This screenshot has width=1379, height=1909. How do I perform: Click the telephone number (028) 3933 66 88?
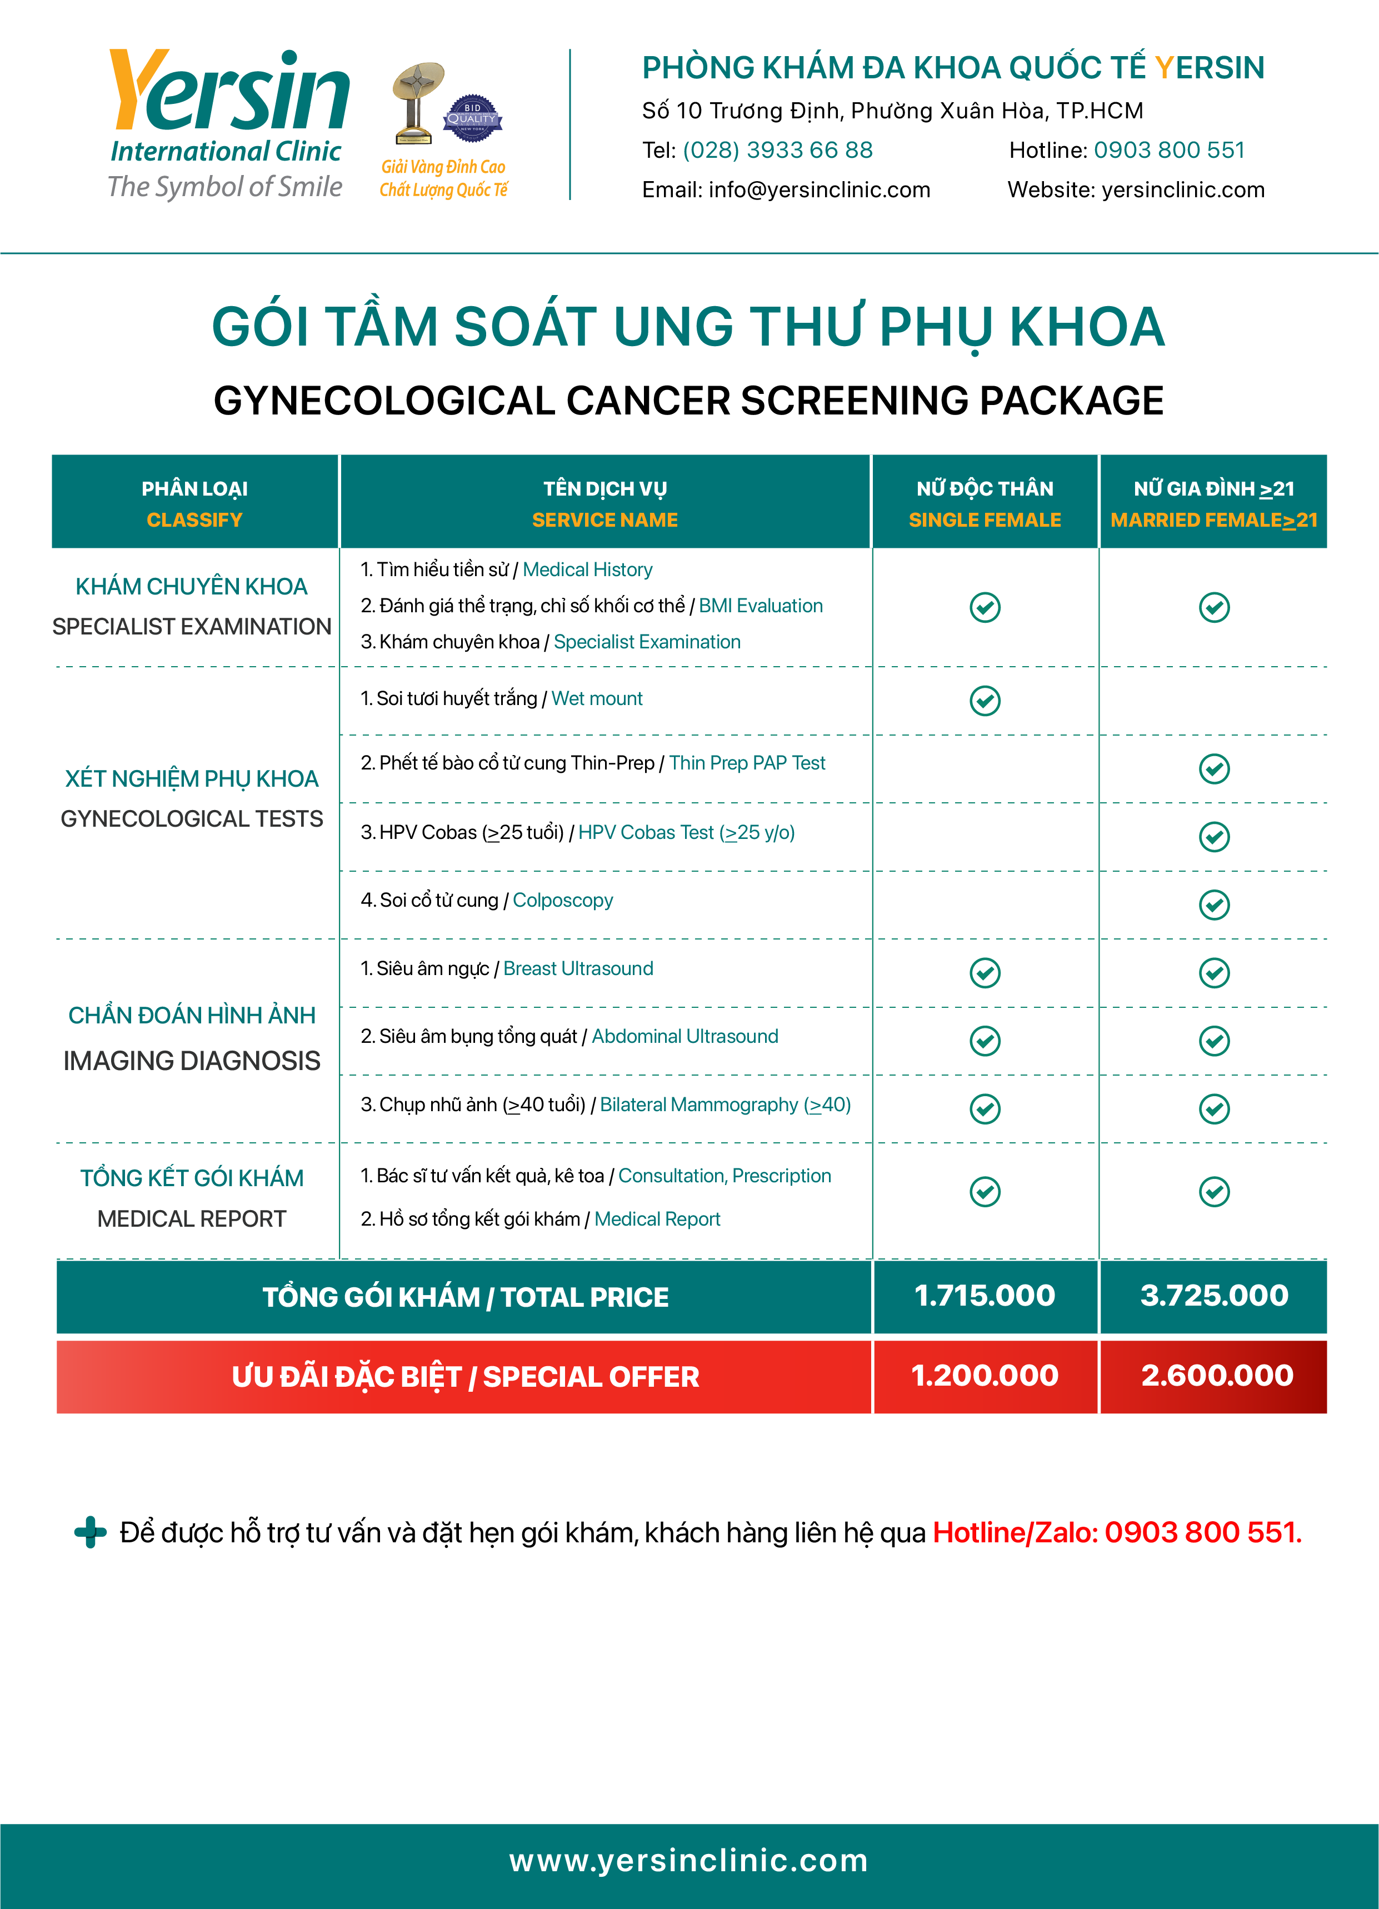tap(777, 150)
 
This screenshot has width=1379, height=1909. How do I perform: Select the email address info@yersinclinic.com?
tap(819, 190)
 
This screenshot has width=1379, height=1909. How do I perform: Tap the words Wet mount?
tap(596, 698)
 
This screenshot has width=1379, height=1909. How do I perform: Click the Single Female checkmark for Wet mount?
tap(985, 700)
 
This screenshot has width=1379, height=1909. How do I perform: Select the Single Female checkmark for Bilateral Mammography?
tap(985, 1108)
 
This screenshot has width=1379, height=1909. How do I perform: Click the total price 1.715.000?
tap(985, 1296)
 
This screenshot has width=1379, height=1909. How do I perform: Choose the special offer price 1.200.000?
tap(985, 1375)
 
